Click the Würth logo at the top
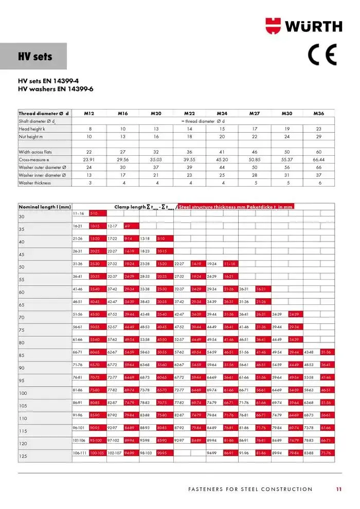coord(303,26)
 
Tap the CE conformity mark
coord(322,54)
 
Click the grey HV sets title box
coord(34,57)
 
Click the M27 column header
coord(255,113)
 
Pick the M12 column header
coord(89,113)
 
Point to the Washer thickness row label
coord(35,183)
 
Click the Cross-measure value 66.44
coord(319,160)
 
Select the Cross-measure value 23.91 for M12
coord(89,160)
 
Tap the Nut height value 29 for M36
coord(319,137)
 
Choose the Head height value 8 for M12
coord(89,129)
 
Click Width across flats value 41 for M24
coord(222,152)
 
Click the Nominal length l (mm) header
coord(45,207)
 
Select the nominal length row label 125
coord(22,456)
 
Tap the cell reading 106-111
coord(79,452)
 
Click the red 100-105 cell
coord(97,452)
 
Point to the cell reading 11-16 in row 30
coord(79,213)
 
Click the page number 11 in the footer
coord(338,489)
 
